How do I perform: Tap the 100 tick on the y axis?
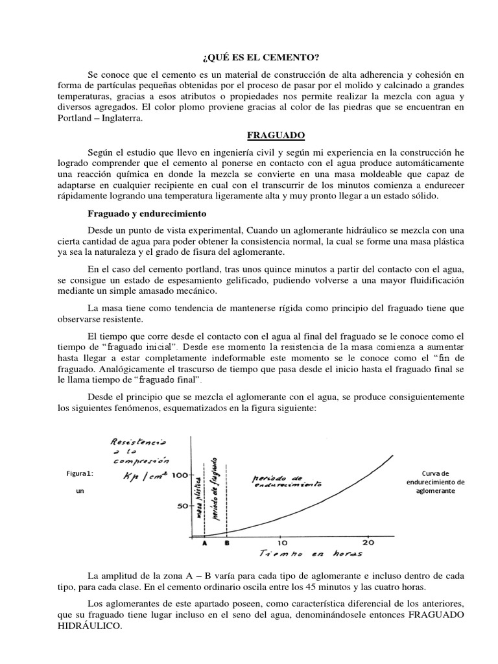(178, 475)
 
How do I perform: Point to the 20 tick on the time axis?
(368, 542)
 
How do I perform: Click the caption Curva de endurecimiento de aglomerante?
(439, 482)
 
